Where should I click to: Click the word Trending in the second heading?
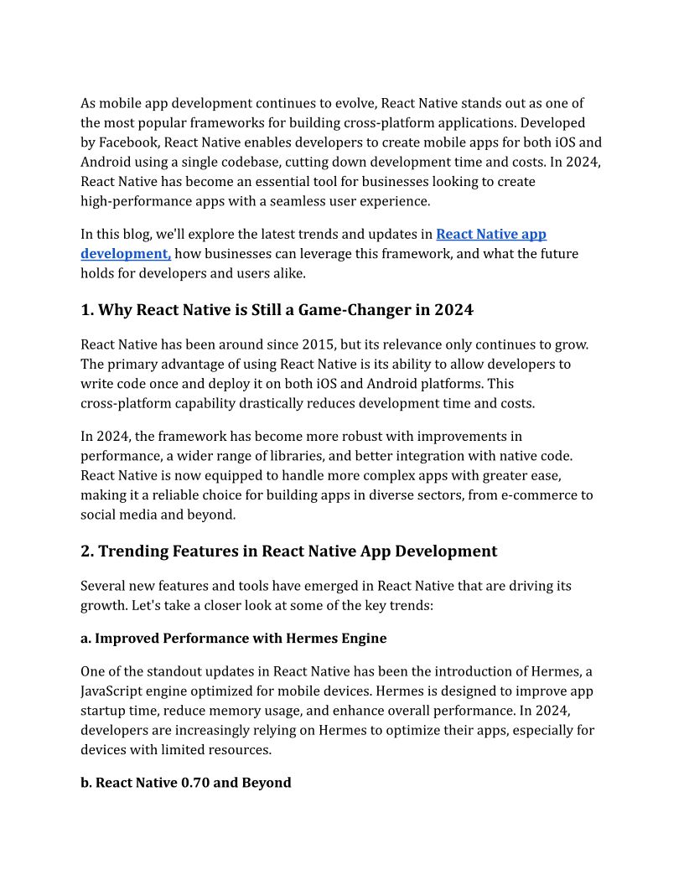pos(135,551)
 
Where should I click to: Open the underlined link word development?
pos(126,253)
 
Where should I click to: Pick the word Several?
pos(105,585)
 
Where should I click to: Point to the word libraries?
pos(308,456)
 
